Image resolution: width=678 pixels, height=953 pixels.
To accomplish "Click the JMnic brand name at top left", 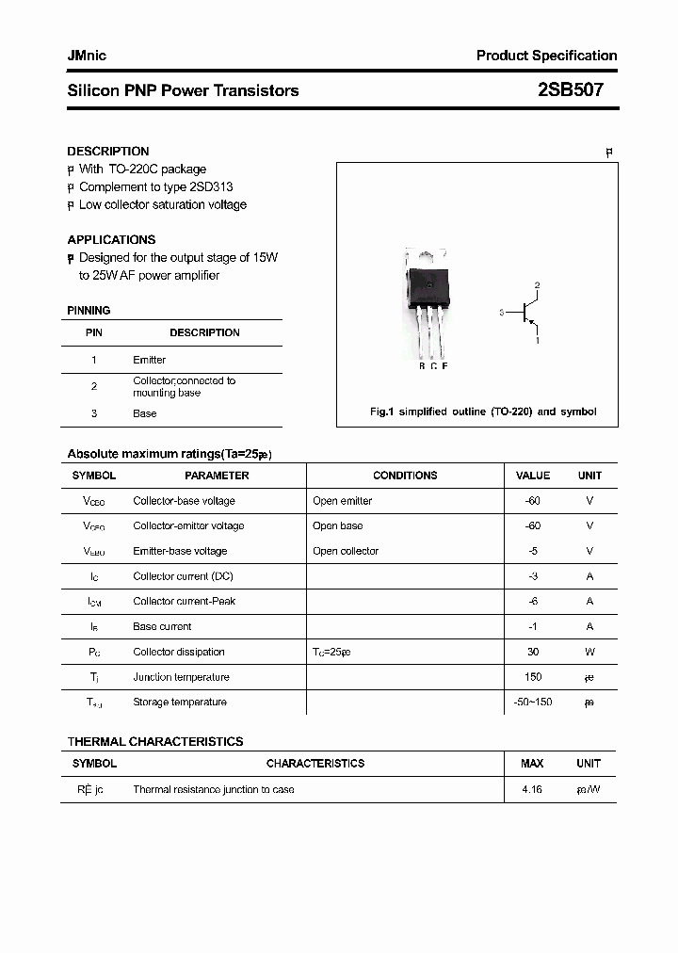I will [x=87, y=56].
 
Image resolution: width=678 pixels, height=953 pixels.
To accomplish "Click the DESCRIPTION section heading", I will [x=107, y=151].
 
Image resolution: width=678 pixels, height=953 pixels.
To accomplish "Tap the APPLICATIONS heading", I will [x=111, y=239].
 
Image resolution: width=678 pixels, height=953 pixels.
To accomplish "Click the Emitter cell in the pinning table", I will [x=149, y=360].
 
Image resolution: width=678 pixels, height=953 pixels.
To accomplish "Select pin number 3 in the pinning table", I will [x=94, y=413].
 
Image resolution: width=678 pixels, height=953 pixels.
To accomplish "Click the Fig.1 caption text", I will [x=481, y=412].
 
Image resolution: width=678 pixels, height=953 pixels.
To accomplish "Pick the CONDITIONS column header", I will [x=405, y=476].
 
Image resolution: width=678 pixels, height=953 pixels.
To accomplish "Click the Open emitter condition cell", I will [x=342, y=501].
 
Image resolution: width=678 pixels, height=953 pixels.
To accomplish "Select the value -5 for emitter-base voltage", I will [x=532, y=551].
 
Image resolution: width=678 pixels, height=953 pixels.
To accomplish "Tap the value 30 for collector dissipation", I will [x=532, y=652].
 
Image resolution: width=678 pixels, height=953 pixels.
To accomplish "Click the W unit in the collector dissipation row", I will [x=589, y=652].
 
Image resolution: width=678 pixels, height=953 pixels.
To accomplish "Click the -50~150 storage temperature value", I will [x=532, y=703].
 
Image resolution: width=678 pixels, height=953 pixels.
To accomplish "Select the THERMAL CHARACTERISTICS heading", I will [x=154, y=741].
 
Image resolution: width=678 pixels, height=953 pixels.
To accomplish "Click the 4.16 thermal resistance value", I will [x=532, y=789].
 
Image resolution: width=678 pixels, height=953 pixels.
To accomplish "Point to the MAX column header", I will [x=532, y=764].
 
